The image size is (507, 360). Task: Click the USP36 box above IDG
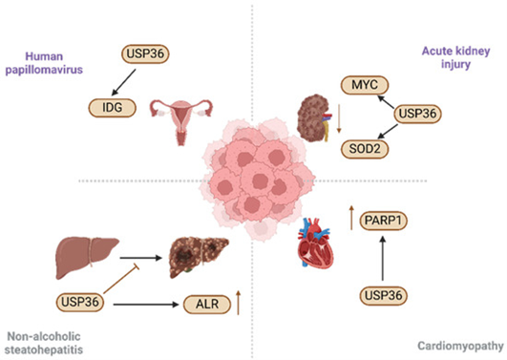[145, 55]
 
